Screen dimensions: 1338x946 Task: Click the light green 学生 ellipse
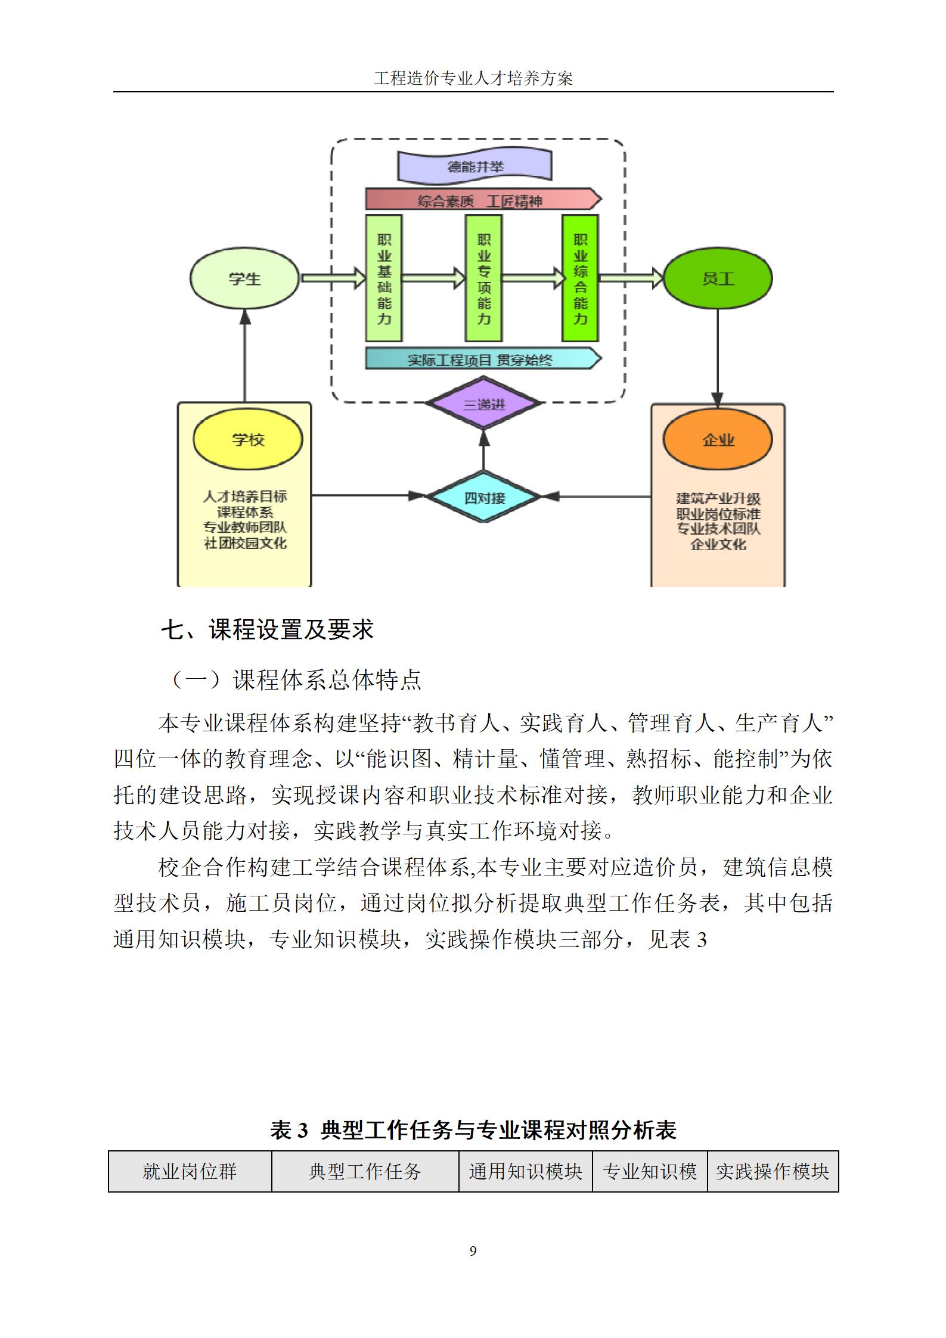pos(244,278)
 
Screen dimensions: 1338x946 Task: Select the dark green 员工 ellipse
pos(717,278)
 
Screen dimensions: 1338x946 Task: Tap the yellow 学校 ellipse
pos(247,440)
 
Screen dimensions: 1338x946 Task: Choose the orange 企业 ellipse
pos(718,440)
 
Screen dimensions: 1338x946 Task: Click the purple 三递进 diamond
pos(483,403)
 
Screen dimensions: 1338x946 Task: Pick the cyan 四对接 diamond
pos(483,496)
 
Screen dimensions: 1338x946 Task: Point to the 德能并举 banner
pos(475,166)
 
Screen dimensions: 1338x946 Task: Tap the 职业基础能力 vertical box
pos(384,278)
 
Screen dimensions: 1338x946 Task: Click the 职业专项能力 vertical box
pos(483,278)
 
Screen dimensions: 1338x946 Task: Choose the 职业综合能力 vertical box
pos(580,278)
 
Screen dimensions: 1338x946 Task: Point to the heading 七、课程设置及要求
pos(267,630)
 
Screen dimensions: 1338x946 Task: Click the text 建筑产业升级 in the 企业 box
pos(718,498)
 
